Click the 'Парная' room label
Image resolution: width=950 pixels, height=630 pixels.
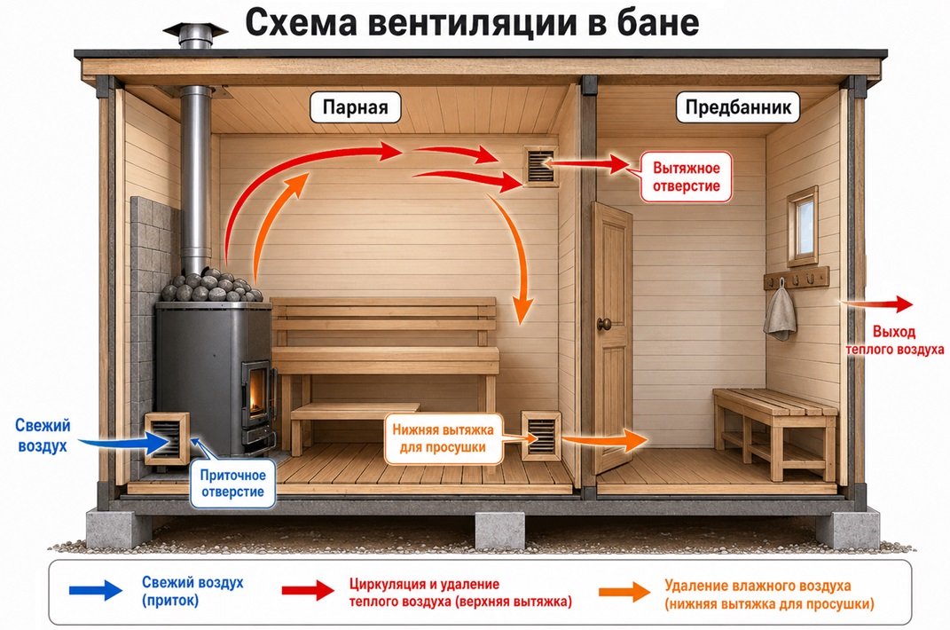[355, 107]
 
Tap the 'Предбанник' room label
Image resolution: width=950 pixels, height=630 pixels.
[738, 107]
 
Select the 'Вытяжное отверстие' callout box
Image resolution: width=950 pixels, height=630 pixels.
[686, 177]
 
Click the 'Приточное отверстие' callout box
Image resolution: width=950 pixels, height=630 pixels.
[232, 484]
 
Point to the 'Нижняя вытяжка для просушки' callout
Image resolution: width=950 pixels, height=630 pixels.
[443, 438]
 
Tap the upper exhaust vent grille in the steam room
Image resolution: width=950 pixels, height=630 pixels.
[540, 166]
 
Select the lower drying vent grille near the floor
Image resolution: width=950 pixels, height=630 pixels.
[541, 436]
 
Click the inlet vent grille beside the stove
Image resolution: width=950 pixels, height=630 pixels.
[167, 438]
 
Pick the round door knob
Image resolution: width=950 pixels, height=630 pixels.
[604, 325]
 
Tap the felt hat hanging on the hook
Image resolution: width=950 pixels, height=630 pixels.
[780, 312]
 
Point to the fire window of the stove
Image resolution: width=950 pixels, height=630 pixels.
[259, 391]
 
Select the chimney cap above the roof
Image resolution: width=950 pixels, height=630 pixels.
[195, 30]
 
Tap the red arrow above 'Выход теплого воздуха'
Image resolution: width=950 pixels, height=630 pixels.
[876, 303]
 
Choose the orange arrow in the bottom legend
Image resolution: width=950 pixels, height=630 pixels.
[624, 592]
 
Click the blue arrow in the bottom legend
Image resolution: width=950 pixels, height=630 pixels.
[96, 589]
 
